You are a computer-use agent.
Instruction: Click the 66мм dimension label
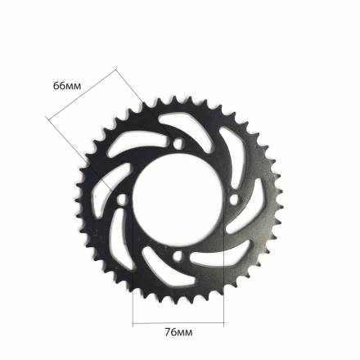point(67,86)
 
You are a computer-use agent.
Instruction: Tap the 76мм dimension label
point(178,332)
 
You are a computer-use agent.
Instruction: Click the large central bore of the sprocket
point(178,201)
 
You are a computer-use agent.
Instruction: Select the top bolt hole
point(178,143)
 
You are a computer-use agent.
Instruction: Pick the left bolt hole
point(122,200)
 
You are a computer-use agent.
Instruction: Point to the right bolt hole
point(234,200)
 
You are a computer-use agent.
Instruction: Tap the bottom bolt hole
point(178,256)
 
